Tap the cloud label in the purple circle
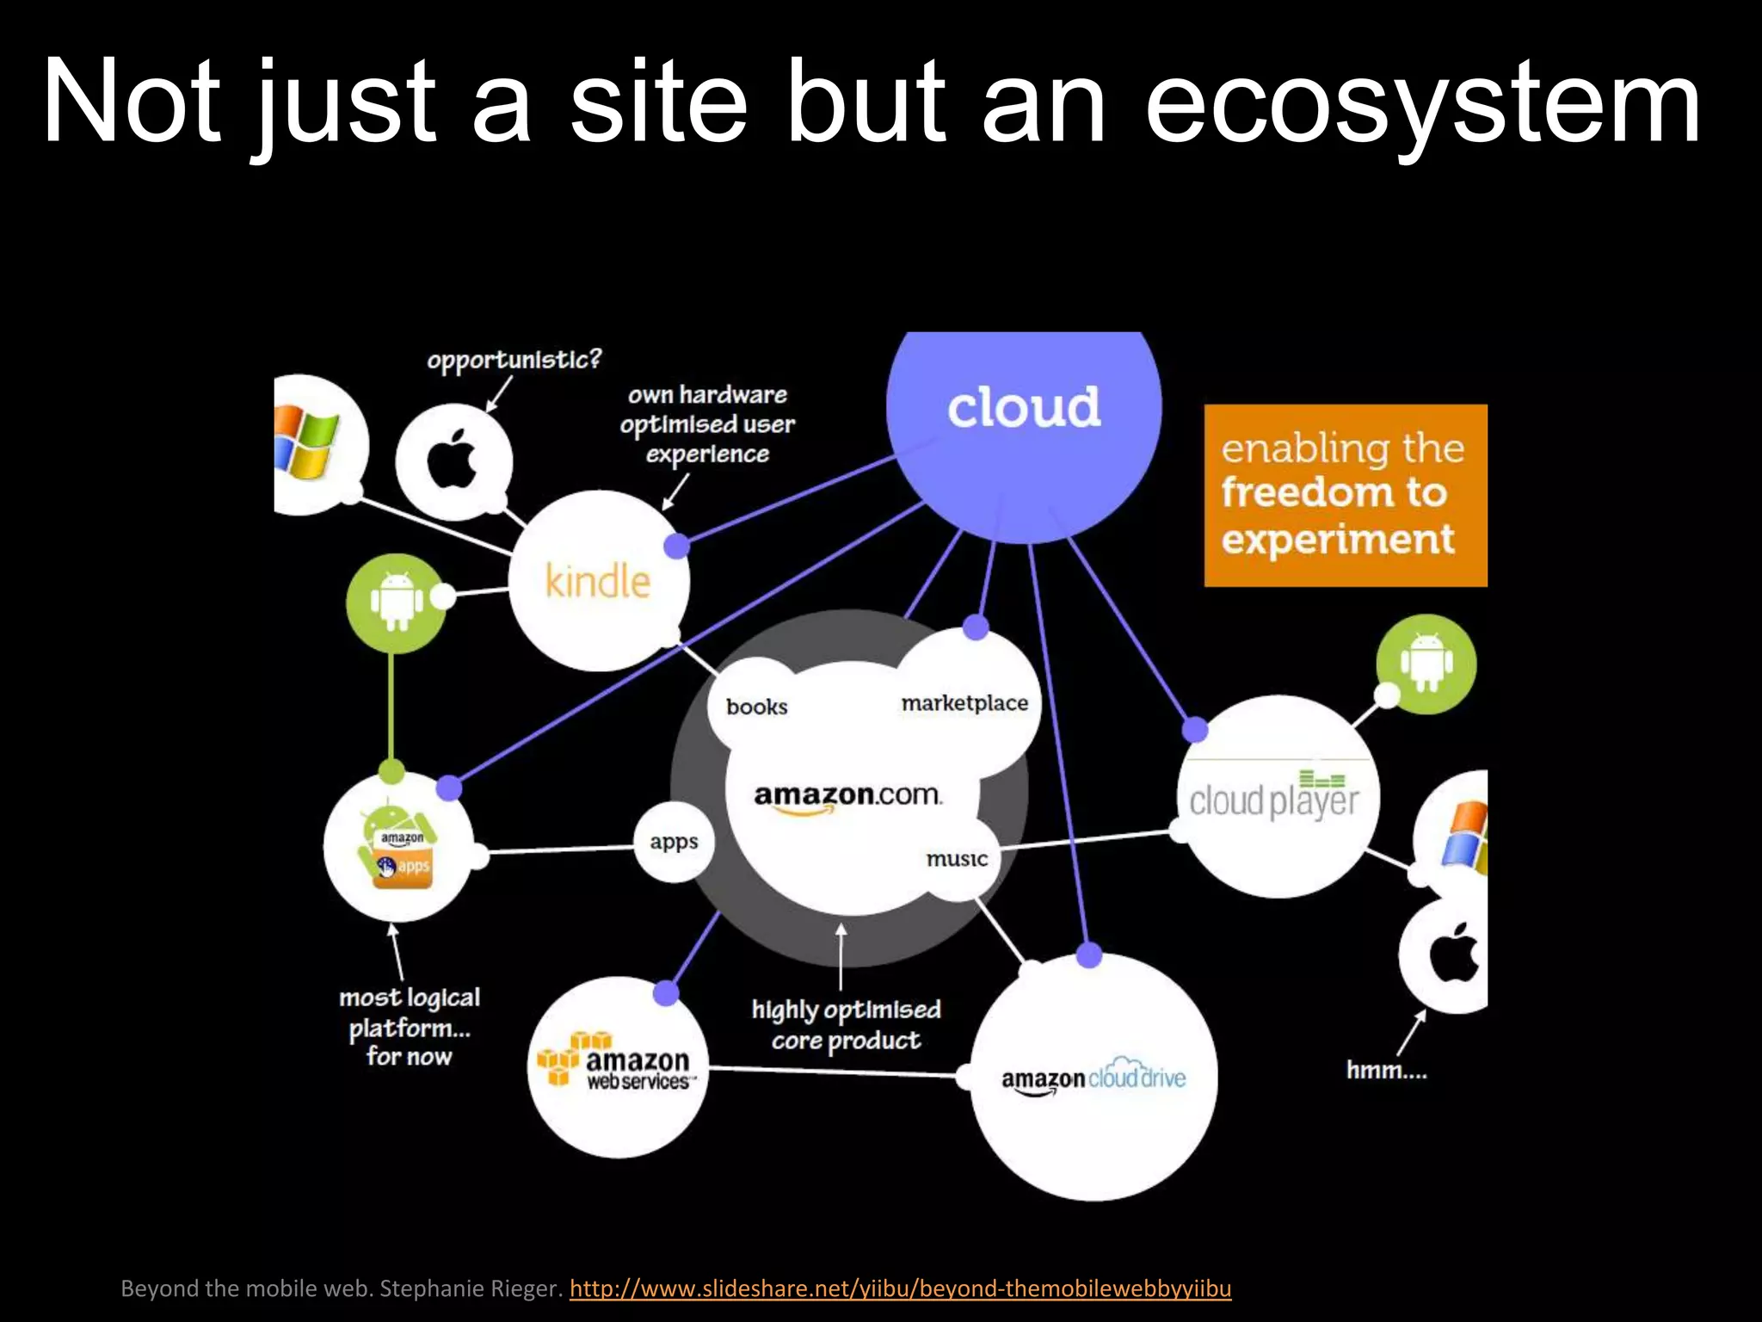pos(1023,407)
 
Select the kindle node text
pos(598,581)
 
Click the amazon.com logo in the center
pos(847,796)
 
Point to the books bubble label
pos(756,707)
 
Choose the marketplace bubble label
pos(964,703)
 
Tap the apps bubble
pos(674,842)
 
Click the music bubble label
pos(957,858)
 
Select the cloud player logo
pos(1274,797)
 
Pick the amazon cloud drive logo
pos(1094,1078)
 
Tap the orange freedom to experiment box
pos(1345,495)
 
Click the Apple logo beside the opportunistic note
pos(453,460)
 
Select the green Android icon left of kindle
pos(396,601)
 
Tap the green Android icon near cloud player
pos(1426,664)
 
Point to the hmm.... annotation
pos(1386,1070)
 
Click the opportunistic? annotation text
pos(514,359)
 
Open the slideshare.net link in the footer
pos(900,1288)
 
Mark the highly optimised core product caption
pos(846,1024)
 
